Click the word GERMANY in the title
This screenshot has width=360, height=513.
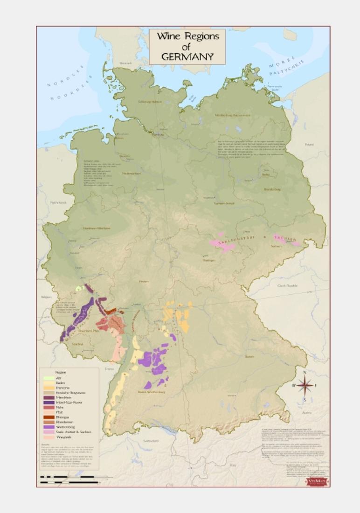187,57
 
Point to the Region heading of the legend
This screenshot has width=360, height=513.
61,372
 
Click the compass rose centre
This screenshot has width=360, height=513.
304,385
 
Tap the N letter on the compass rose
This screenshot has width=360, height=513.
305,373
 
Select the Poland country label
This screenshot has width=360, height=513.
309,145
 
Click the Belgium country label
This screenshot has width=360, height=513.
46,297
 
